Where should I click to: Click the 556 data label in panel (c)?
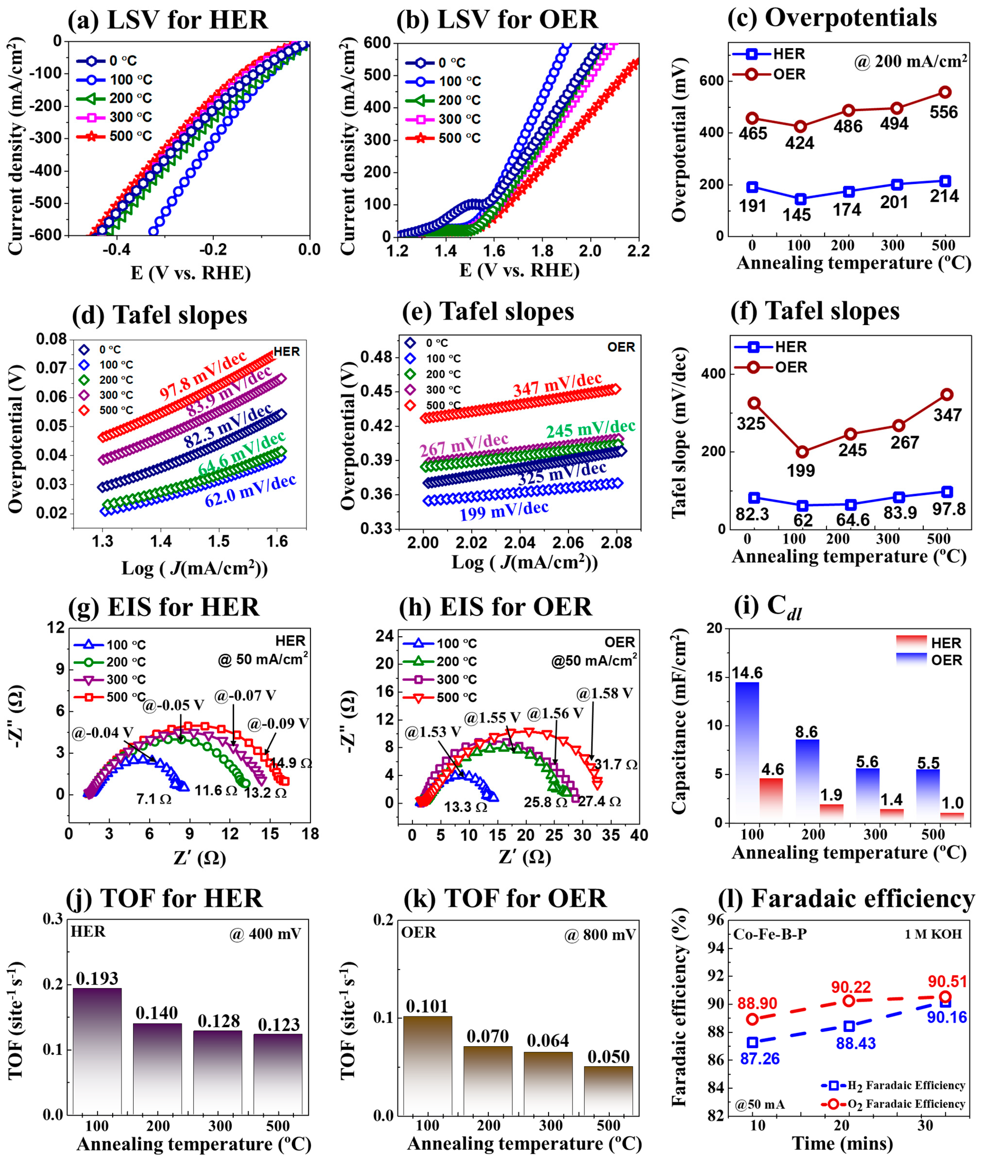click(944, 112)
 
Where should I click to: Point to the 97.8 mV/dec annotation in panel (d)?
click(203, 376)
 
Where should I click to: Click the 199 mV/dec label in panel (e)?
click(504, 510)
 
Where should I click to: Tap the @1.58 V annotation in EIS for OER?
click(605, 693)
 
